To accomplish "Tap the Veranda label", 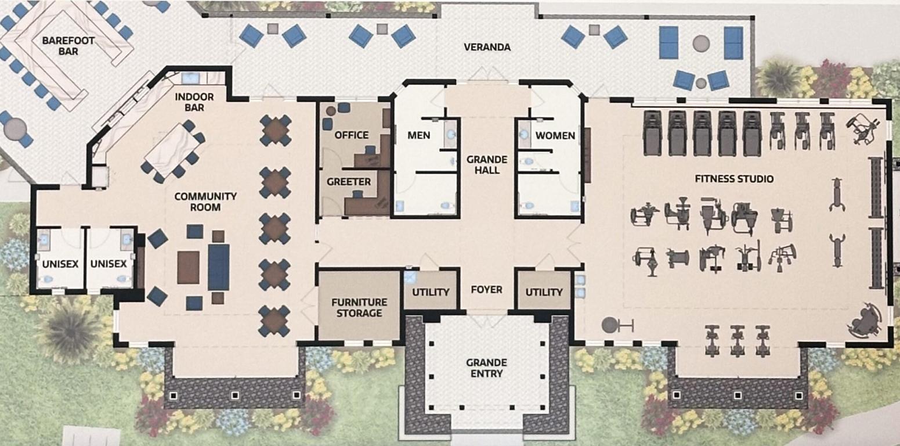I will coord(487,47).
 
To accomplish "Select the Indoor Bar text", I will coord(194,102).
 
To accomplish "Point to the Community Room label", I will coord(205,202).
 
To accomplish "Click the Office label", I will coord(352,135).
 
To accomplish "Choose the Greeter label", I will coord(348,182).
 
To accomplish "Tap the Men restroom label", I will coord(418,135).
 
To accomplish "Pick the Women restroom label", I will coord(555,136).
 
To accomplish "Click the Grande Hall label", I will coord(487,164).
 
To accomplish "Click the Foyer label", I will coord(487,289).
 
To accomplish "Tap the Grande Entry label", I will coord(486,368).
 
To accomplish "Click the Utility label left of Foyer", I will coord(431,292).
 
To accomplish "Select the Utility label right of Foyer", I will coord(544,292).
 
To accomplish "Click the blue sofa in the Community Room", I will coord(219,267).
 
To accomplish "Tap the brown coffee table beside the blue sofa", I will coord(188,267).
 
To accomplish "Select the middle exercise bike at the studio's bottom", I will coord(737,339).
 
